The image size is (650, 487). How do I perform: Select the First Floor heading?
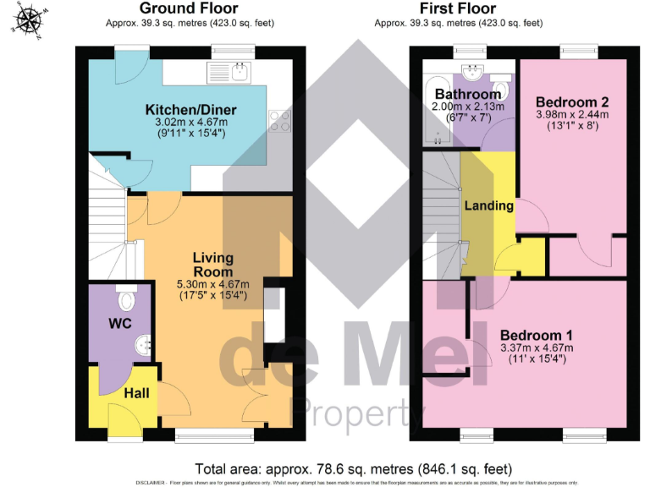[457, 8]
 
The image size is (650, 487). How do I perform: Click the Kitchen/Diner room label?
[190, 110]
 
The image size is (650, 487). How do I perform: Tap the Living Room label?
[212, 264]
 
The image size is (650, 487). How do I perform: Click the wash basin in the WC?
[142, 344]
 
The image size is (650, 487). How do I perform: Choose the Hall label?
[136, 394]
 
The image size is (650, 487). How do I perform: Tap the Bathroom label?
[468, 94]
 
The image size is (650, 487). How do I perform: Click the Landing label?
[488, 205]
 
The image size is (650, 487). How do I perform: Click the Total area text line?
[353, 468]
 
